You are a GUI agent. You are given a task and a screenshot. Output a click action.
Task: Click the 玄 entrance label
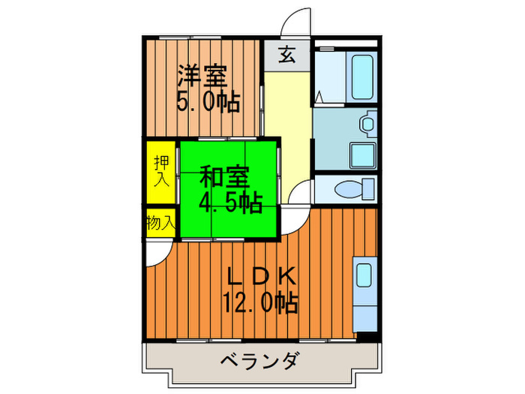tap(288, 55)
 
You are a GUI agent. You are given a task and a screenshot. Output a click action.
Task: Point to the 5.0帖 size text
tap(207, 101)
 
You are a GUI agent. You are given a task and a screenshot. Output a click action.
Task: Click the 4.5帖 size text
tap(229, 202)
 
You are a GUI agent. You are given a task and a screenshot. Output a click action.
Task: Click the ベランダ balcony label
tap(259, 362)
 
